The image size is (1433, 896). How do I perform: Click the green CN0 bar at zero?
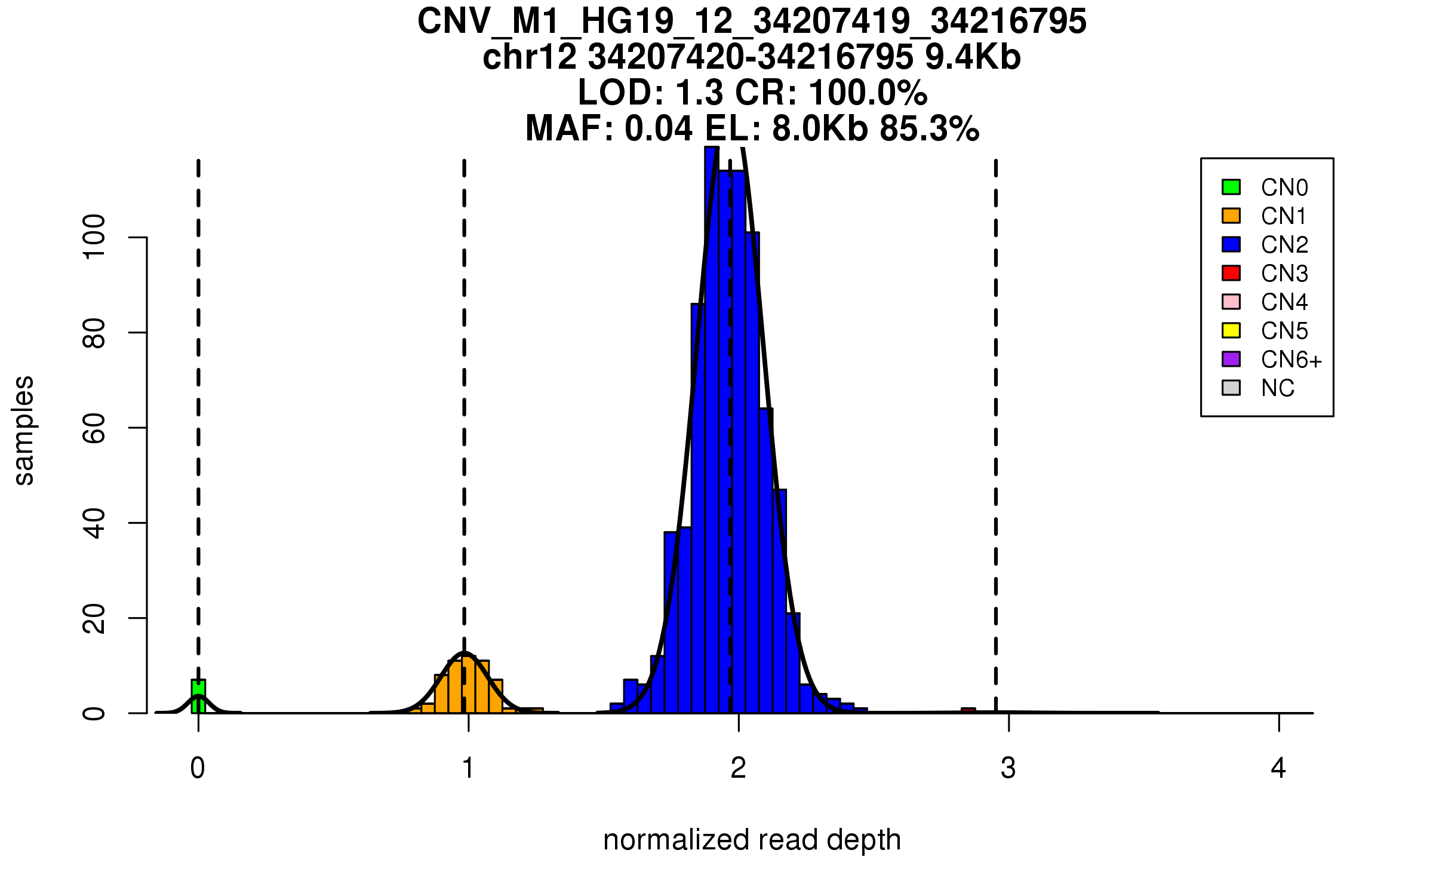pyautogui.click(x=198, y=697)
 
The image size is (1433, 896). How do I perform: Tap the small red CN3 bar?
pyautogui.click(x=968, y=710)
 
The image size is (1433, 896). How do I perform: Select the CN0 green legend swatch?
pyautogui.click(x=1231, y=187)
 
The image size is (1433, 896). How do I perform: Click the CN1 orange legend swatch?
pyautogui.click(x=1231, y=216)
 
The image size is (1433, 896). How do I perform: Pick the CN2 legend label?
pyautogui.click(x=1284, y=245)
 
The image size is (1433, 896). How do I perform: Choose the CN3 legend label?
pyautogui.click(x=1284, y=274)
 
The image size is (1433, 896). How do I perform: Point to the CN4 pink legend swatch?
pyautogui.click(x=1231, y=302)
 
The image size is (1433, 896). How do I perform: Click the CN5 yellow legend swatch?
pyautogui.click(x=1231, y=330)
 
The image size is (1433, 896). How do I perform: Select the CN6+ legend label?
pyautogui.click(x=1291, y=360)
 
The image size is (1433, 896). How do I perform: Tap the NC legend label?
pyautogui.click(x=1278, y=388)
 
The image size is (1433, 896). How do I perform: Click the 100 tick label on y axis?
pyautogui.click(x=94, y=237)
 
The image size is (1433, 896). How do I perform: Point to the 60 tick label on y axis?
pyautogui.click(x=94, y=428)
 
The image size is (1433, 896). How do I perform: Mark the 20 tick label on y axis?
pyautogui.click(x=94, y=618)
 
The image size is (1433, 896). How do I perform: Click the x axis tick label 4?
pyautogui.click(x=1278, y=768)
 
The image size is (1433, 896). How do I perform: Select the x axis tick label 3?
pyautogui.click(x=1008, y=768)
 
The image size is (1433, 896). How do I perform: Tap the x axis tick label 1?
pyautogui.click(x=468, y=768)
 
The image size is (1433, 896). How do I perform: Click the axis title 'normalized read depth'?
pyautogui.click(x=752, y=840)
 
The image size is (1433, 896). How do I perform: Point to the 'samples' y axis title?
pyautogui.click(x=24, y=431)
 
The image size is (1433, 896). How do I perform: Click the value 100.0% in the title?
pyautogui.click(x=868, y=93)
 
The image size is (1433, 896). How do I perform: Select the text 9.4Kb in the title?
pyautogui.click(x=973, y=57)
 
